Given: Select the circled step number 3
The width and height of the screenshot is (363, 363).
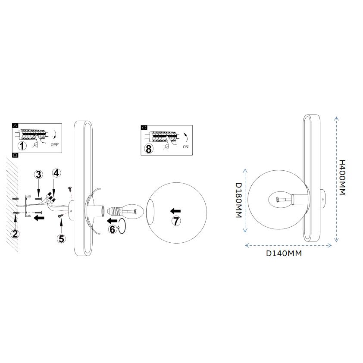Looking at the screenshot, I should pos(38,175).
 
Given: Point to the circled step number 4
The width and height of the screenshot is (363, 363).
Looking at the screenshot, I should pos(56,173).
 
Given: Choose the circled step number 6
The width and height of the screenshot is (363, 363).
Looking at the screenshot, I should pos(112,229).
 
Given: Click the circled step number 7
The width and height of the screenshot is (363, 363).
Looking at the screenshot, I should pos(176,221).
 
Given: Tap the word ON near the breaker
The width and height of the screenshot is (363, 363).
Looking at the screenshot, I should pos(186,147).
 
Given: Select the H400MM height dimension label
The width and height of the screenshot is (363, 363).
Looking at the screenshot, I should pos(342,177).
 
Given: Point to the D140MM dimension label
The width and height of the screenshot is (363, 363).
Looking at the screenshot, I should pos(283,253).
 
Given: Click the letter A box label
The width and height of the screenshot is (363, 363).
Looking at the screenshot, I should pos(16,125).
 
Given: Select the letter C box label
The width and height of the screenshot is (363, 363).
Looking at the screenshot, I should pos(144,128).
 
